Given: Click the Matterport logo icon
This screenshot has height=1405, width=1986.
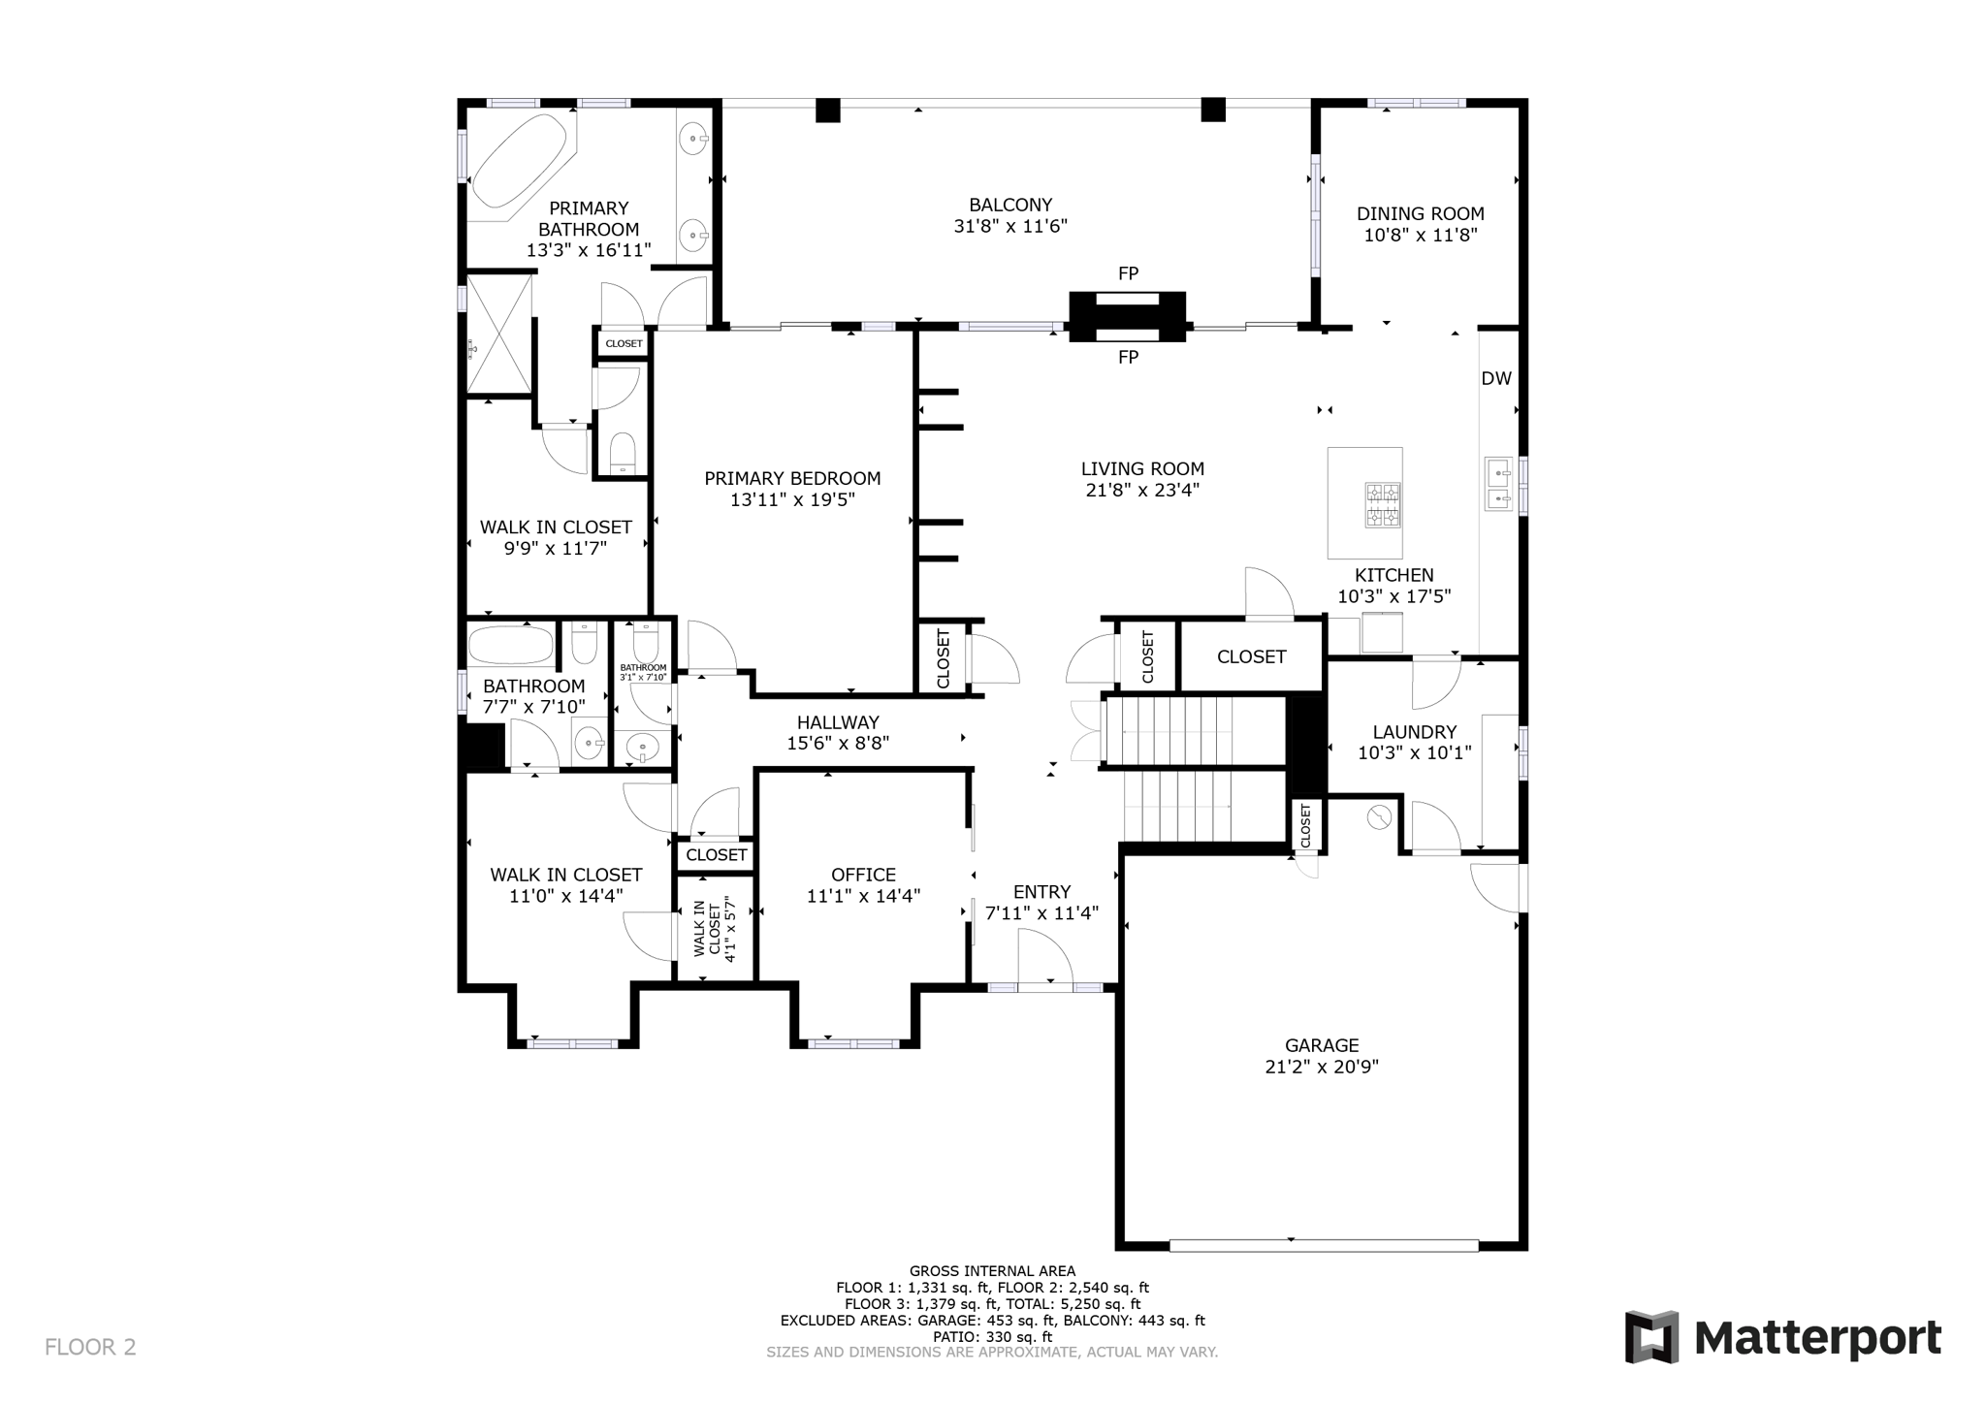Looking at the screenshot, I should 1651,1337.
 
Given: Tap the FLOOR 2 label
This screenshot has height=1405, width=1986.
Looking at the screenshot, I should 90,1347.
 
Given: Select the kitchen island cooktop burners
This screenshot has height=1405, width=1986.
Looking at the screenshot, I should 1383,504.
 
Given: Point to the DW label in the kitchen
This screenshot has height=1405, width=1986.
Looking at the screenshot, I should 1495,379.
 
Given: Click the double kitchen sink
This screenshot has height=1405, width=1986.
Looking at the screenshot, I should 1498,486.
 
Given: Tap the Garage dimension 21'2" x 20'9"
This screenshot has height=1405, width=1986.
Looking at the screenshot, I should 1321,1067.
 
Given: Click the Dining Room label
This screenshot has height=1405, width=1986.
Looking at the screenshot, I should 1420,213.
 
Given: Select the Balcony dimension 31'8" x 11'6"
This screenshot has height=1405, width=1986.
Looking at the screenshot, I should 1009,226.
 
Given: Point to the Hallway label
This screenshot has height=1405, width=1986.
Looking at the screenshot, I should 838,722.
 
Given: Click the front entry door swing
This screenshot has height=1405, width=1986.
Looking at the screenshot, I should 1045,957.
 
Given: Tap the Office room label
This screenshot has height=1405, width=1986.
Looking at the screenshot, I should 863,875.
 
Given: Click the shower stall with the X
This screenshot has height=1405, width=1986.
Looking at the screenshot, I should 499,334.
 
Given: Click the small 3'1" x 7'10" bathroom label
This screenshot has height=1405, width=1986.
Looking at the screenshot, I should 643,672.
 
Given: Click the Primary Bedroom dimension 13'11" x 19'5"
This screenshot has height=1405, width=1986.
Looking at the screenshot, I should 792,500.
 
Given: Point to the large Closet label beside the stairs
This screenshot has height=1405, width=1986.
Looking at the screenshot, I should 1251,656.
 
